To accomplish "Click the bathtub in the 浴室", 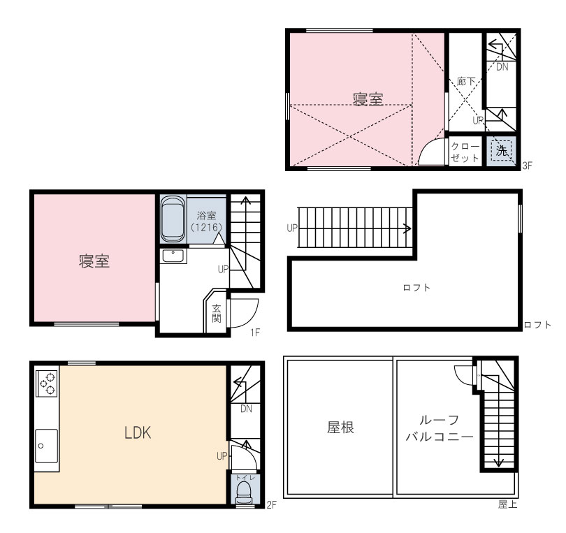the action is (x=173, y=219).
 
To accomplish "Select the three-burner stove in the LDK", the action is (x=47, y=382).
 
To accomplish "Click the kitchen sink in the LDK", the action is (x=46, y=446).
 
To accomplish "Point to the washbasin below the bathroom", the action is (x=173, y=256).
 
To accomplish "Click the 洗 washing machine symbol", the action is (x=501, y=150).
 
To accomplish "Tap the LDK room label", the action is (x=138, y=432).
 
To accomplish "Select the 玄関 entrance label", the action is (x=217, y=313).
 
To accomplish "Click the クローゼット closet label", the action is (x=465, y=152).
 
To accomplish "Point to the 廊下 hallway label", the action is (x=465, y=82).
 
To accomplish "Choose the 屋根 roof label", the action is (x=340, y=428).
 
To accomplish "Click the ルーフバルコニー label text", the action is (x=440, y=428).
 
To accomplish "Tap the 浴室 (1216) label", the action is (x=206, y=221).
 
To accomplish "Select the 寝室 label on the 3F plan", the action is (x=368, y=99).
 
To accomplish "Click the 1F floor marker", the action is (x=255, y=333).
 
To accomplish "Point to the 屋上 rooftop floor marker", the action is (x=508, y=504).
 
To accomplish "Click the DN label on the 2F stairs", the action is (x=246, y=409).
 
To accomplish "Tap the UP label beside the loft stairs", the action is (x=292, y=228).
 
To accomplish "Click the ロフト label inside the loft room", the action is (x=416, y=288).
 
